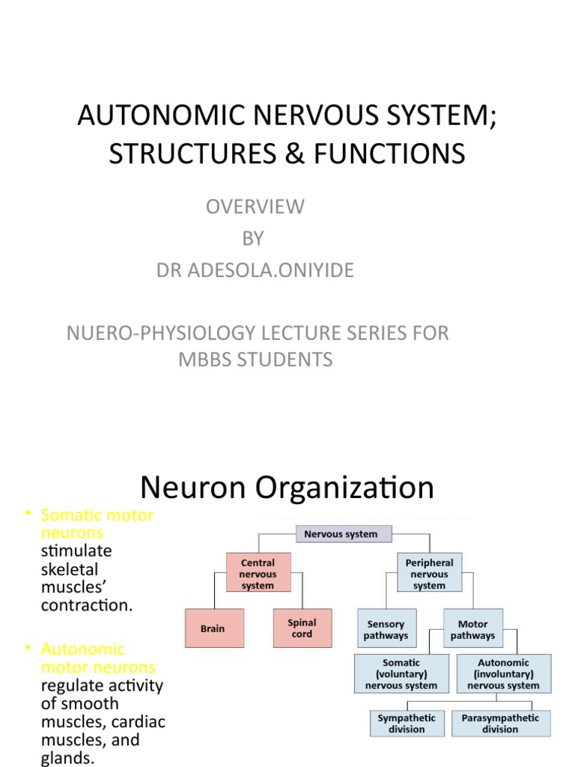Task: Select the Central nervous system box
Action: (258, 574)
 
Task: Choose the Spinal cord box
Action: (302, 628)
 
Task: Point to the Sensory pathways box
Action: (386, 629)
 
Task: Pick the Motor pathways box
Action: (472, 629)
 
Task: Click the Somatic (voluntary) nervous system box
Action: (401, 674)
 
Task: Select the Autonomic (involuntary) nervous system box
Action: (503, 674)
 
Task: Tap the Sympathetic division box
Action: (407, 724)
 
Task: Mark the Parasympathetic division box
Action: (500, 724)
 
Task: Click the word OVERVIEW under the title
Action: (255, 207)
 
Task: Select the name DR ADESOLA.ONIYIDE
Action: (255, 270)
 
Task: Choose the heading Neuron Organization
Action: (287, 488)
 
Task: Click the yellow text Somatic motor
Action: (97, 515)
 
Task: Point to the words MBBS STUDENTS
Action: (255, 360)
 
